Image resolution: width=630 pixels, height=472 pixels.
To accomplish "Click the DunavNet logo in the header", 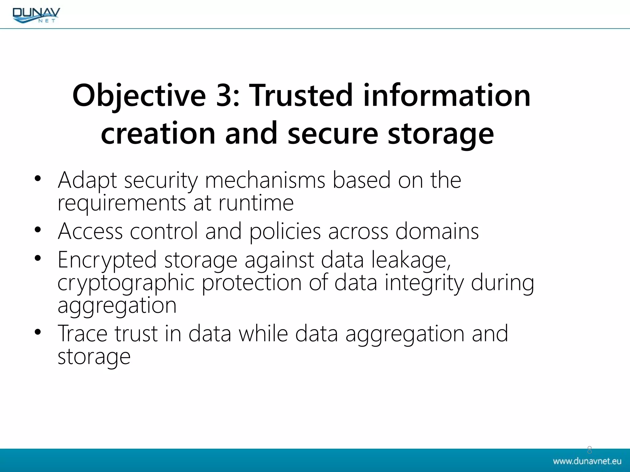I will (x=36, y=15).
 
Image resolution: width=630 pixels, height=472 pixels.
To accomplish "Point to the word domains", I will (x=437, y=231).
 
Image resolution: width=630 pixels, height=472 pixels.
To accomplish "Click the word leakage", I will (x=411, y=260).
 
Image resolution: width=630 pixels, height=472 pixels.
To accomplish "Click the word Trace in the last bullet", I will (x=82, y=334).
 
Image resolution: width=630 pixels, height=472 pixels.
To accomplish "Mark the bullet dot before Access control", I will (x=38, y=230).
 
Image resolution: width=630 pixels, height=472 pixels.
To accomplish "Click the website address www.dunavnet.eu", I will (x=587, y=461).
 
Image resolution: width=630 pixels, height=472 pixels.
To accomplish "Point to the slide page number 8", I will (x=589, y=450).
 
